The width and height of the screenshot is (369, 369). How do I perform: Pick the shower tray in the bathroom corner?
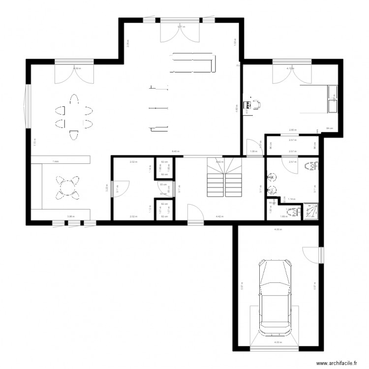point(311,212)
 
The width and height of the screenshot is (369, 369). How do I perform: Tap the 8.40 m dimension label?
point(174,152)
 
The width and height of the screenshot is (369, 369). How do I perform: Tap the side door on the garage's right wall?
point(312,254)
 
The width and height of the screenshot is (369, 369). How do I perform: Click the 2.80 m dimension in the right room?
point(292,130)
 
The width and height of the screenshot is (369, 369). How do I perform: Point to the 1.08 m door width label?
point(253,152)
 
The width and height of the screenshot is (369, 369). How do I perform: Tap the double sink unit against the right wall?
point(333,98)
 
